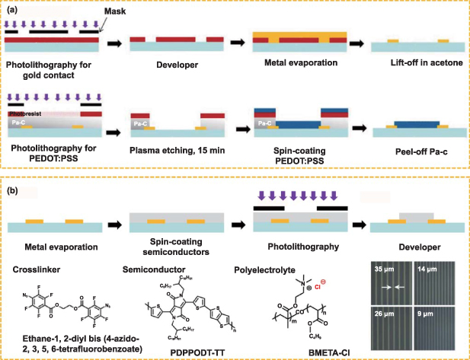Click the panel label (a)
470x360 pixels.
point(13,10)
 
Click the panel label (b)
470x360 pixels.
point(13,187)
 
